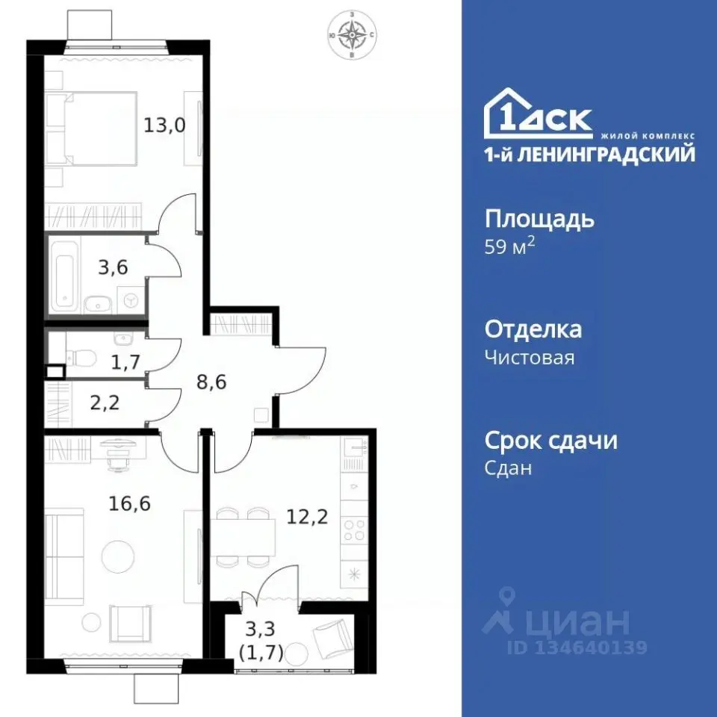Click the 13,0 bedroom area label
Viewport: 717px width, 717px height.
coord(164,123)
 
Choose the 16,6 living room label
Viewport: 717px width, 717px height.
coord(130,503)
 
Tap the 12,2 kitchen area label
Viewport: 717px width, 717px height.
coord(308,516)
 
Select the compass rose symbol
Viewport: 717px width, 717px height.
coord(351,34)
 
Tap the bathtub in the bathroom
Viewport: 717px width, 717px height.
coord(66,274)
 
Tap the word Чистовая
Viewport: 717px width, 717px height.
coord(530,358)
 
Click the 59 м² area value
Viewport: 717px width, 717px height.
coord(509,247)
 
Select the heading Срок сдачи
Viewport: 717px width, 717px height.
coord(551,441)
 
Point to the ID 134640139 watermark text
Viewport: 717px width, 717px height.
coord(577,648)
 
